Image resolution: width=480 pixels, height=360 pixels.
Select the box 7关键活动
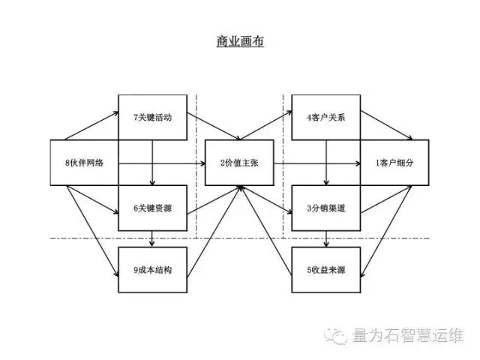pos(152,117)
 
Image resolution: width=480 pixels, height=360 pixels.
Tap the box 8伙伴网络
pos(85,162)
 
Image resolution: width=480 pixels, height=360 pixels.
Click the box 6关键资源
pos(152,208)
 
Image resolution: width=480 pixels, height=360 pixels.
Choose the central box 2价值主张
pos(239,163)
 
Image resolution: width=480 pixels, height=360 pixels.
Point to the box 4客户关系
pos(325,117)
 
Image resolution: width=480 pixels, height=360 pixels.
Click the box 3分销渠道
pos(325,208)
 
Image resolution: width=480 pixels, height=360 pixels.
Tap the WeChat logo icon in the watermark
pos(340,334)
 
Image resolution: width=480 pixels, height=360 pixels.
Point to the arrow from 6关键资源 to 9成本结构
pos(152,238)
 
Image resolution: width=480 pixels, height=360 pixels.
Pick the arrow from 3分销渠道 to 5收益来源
pos(325,238)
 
